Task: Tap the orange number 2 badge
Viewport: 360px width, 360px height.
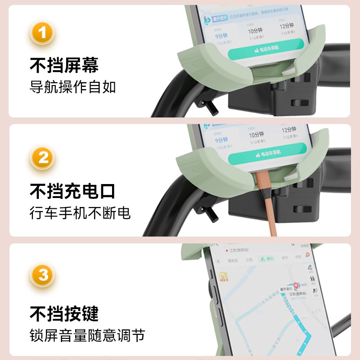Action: pyautogui.click(x=43, y=157)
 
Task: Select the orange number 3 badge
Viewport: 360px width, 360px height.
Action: pyautogui.click(x=43, y=274)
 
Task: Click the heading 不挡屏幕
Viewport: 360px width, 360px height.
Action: pyautogui.click(x=64, y=66)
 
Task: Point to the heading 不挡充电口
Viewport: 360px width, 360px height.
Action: pyautogui.click(x=72, y=191)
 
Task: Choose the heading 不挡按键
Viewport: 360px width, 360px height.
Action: pyautogui.click(x=64, y=314)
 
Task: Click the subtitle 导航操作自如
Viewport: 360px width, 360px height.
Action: pyautogui.click(x=72, y=86)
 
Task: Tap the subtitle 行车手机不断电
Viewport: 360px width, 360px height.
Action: pyautogui.click(x=80, y=212)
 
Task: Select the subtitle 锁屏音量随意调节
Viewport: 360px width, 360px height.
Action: pyautogui.click(x=87, y=335)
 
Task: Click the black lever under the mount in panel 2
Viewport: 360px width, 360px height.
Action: pyautogui.click(x=210, y=216)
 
